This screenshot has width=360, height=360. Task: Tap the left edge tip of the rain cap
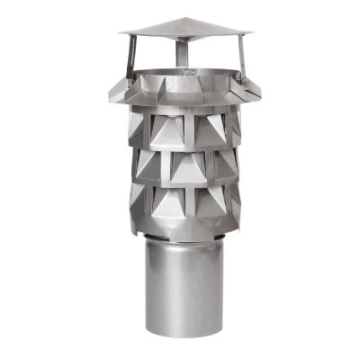(121, 35)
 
